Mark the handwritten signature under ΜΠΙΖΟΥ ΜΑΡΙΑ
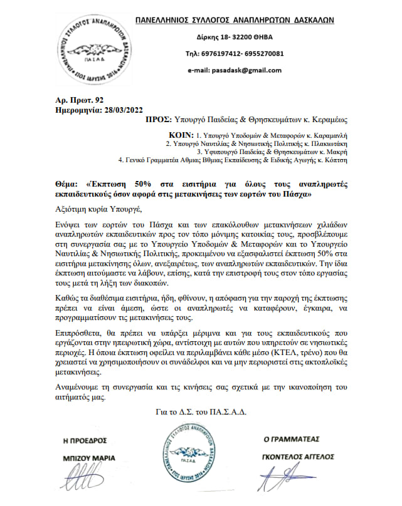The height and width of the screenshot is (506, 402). coord(77,483)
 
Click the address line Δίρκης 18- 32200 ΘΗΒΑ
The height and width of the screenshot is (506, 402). coord(234,38)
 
